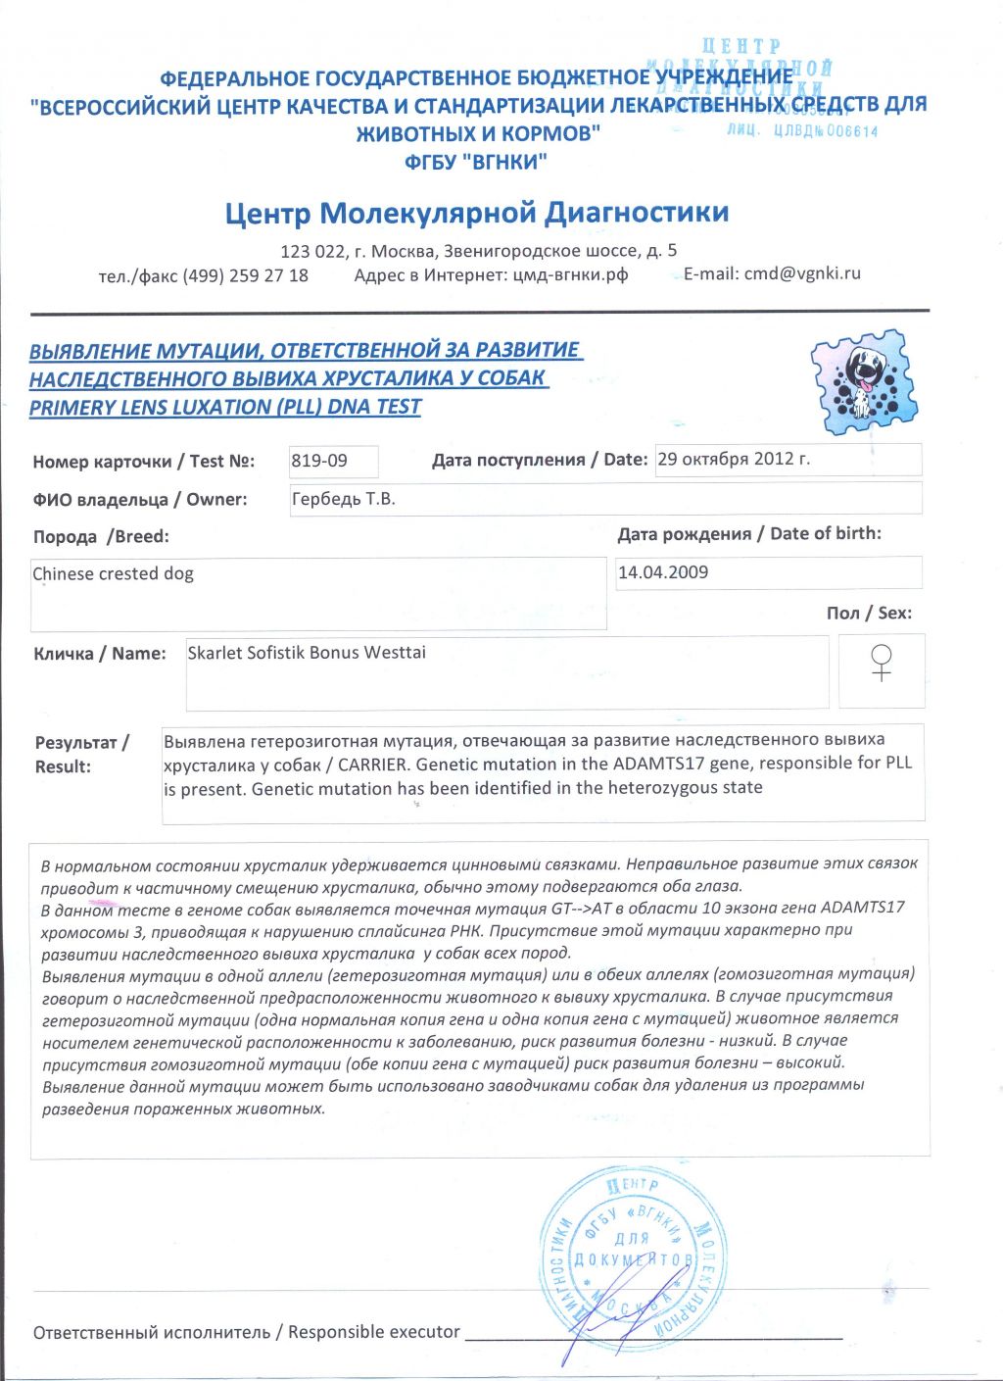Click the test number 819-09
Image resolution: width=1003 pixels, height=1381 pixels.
[x=319, y=460]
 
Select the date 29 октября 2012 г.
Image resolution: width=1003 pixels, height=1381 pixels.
[x=734, y=459]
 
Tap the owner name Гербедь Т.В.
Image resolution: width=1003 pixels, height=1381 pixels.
[x=344, y=499]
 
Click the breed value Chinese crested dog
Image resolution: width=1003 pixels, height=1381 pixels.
[x=114, y=574]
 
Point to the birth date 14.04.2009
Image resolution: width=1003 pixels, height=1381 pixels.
[x=663, y=572]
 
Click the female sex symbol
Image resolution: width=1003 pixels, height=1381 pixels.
[x=882, y=664]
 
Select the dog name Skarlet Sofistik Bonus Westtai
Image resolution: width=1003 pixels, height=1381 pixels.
[x=307, y=653]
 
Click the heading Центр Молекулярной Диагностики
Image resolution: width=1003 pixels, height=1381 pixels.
[x=477, y=213]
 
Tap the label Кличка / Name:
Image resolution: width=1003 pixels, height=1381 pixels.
[x=100, y=654]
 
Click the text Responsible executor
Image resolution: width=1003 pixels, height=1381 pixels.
[x=373, y=1332]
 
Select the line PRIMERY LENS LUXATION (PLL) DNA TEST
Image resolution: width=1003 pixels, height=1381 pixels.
[x=225, y=408]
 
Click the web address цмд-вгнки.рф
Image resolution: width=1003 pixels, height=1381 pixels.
[x=570, y=274]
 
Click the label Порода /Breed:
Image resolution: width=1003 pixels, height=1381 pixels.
[x=101, y=537]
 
